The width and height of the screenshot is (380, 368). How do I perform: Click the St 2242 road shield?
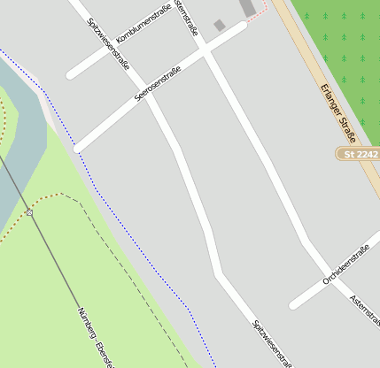click(361, 154)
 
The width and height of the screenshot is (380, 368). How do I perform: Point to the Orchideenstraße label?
click(345, 264)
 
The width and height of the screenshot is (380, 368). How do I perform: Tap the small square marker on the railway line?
click(29, 212)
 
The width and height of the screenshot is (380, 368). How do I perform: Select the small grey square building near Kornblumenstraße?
click(220, 26)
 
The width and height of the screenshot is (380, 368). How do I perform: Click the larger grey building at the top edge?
click(248, 7)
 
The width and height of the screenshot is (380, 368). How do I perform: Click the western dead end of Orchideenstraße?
click(293, 306)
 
